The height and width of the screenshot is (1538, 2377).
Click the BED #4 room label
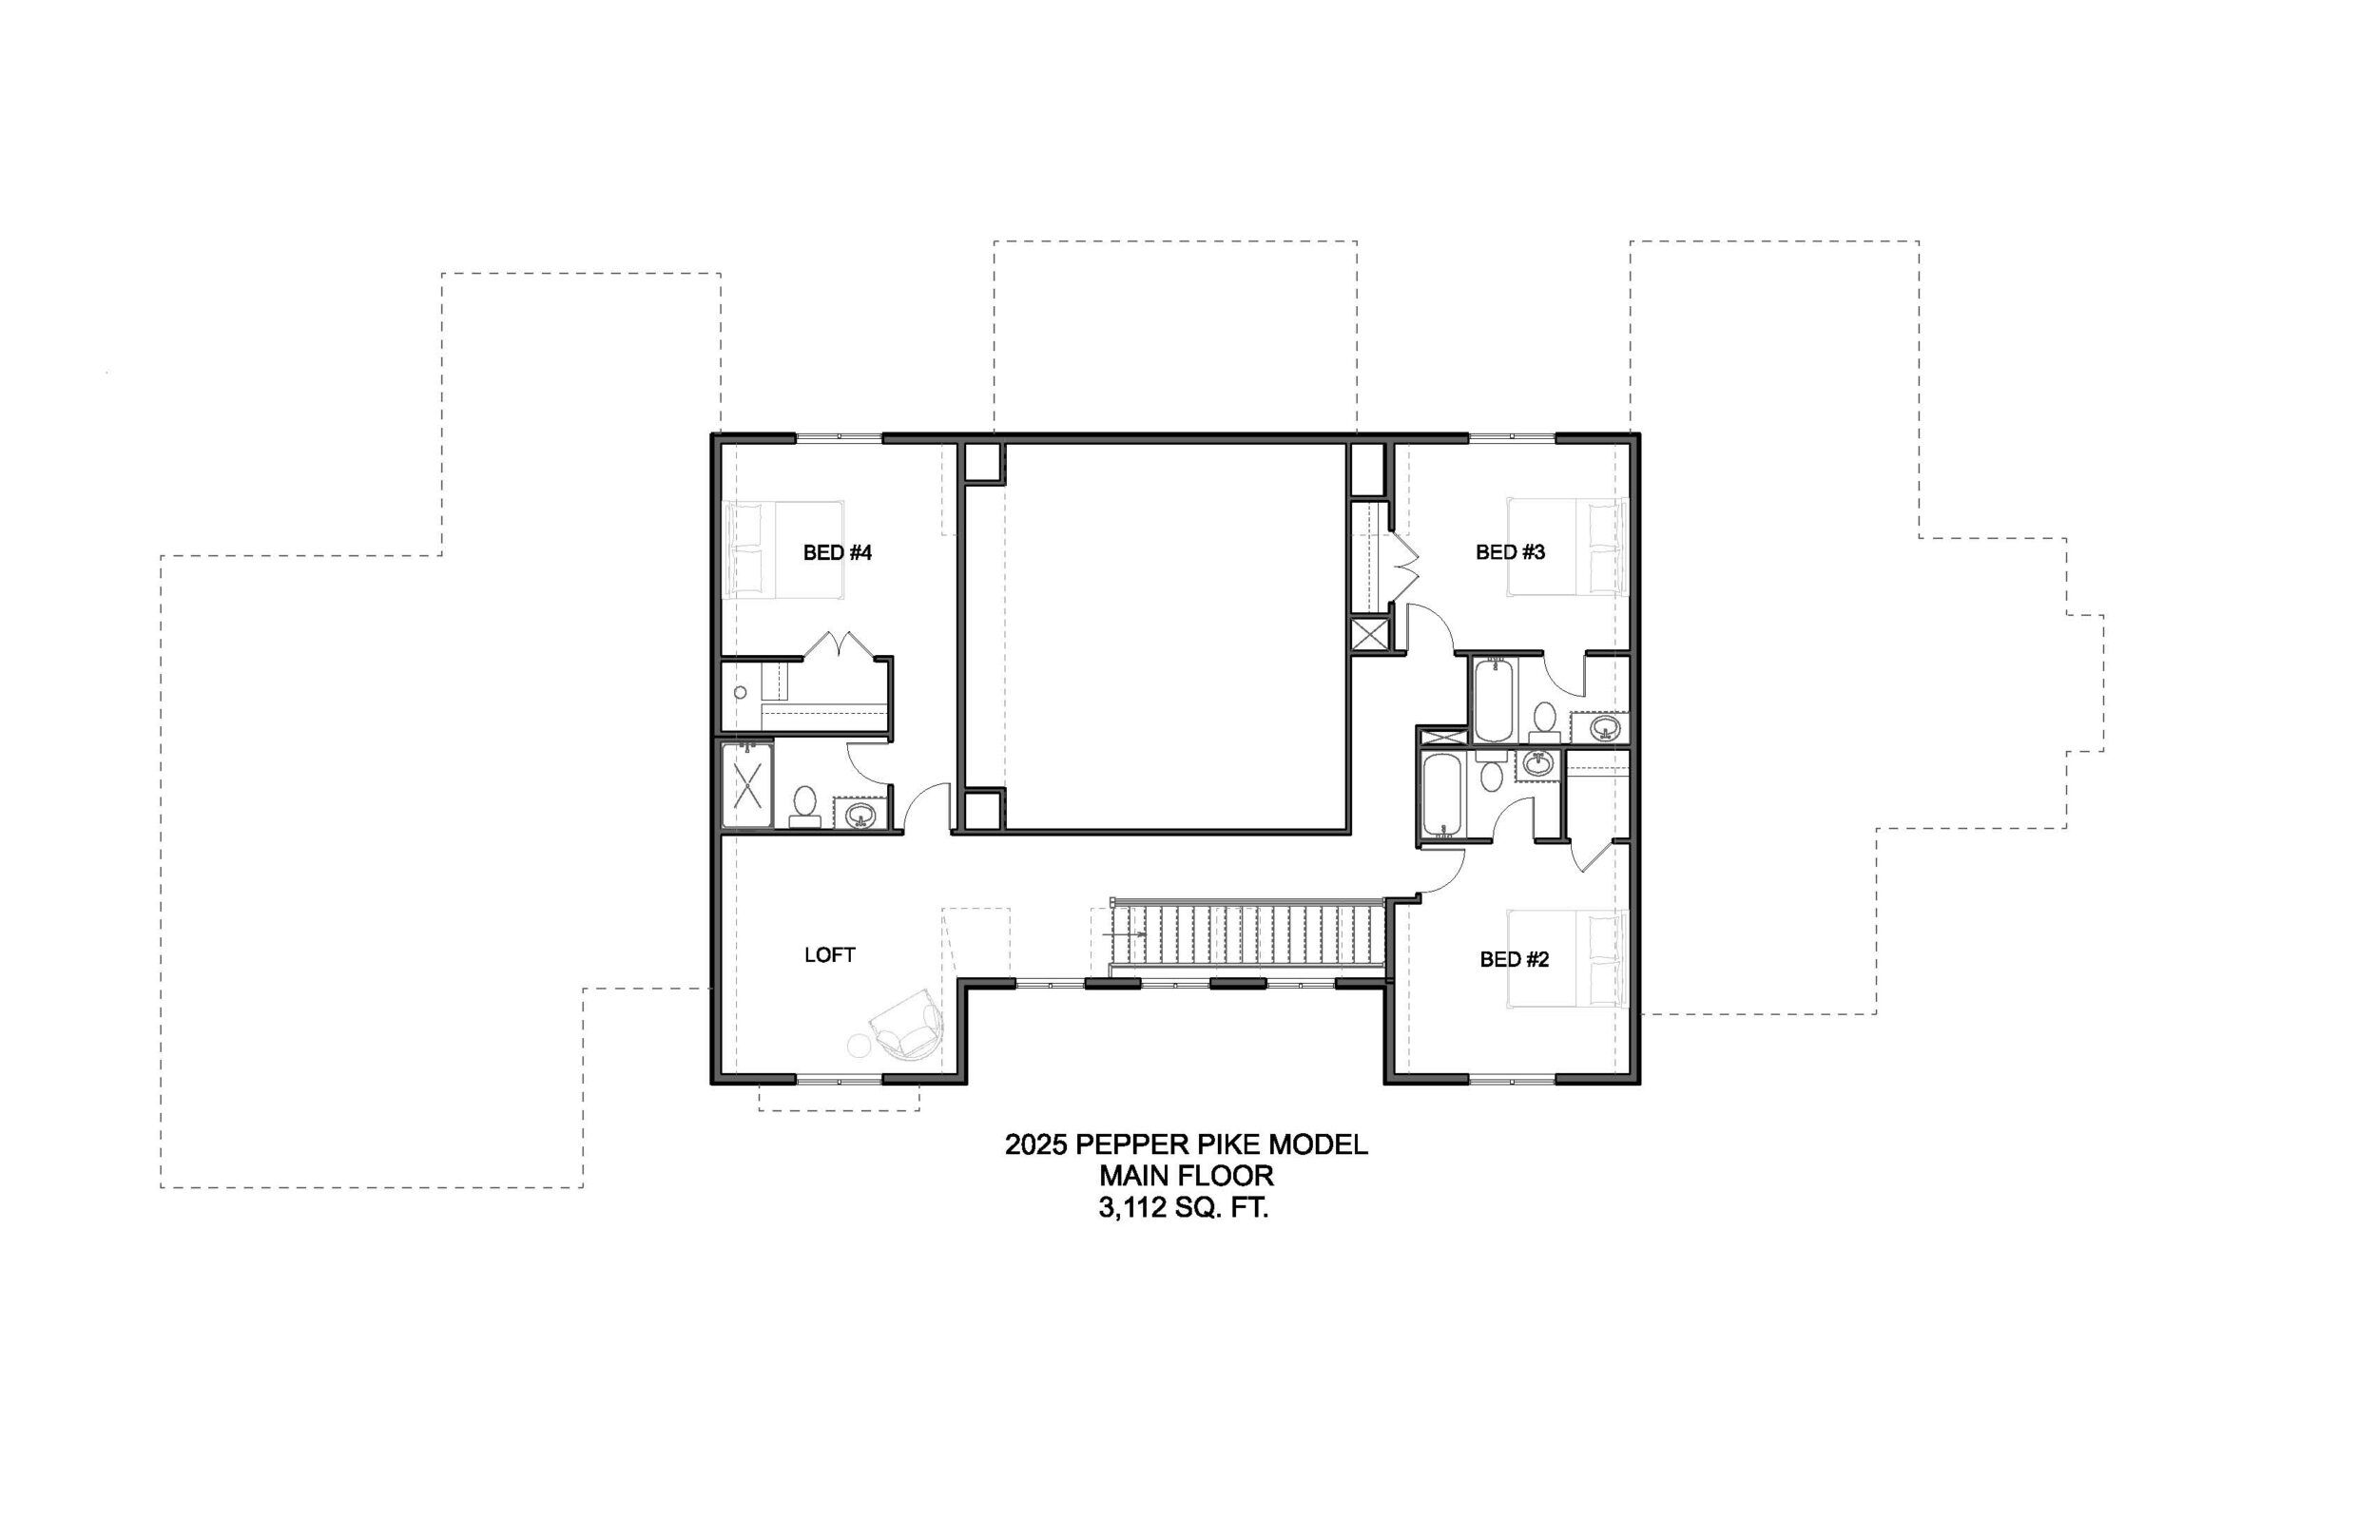[837, 552]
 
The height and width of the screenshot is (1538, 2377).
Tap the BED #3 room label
[1510, 552]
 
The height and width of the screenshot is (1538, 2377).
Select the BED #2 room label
[1514, 960]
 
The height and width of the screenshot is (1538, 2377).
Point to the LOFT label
[830, 954]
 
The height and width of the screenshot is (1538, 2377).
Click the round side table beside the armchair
[859, 1046]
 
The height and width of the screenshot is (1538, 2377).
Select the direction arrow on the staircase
[1126, 932]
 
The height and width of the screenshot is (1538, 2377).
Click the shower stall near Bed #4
[747, 784]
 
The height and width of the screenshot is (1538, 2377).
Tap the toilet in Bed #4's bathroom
[805, 807]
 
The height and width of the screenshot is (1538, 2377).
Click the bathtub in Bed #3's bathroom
[1493, 698]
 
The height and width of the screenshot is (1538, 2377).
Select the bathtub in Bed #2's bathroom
[1441, 795]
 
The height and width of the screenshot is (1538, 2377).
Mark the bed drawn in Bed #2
[1567, 959]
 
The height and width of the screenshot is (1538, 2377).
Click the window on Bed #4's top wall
[839, 437]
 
